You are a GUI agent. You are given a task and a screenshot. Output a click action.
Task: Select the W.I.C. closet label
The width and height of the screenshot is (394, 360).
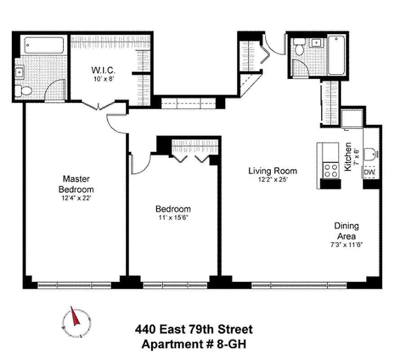104,70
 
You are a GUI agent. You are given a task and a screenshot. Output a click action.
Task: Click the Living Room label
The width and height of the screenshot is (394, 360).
273,171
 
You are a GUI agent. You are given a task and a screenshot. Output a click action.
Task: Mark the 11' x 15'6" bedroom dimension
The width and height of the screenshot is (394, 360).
173,218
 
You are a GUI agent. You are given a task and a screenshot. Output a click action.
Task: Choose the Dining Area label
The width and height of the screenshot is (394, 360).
346,231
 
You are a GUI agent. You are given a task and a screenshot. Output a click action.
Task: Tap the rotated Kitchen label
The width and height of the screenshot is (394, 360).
348,157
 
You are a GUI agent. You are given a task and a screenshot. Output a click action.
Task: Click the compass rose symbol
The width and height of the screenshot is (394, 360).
75,320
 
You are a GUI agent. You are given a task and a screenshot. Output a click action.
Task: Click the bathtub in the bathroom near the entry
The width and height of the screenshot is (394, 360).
336,57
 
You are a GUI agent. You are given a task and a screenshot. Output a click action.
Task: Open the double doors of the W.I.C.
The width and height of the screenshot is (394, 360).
98,106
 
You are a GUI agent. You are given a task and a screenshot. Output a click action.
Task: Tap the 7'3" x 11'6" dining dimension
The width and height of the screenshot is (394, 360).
345,245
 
